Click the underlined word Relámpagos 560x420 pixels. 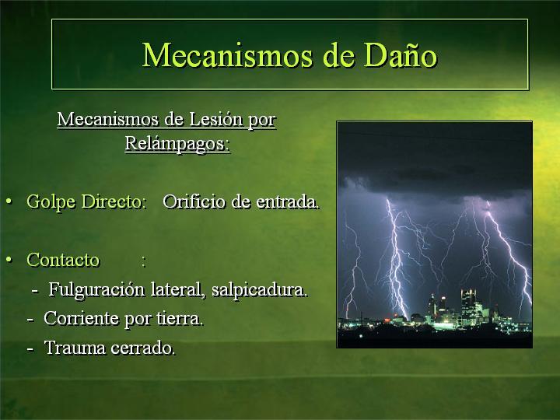(x=177, y=144)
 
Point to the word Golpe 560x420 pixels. (x=51, y=201)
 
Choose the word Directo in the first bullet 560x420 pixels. (x=114, y=201)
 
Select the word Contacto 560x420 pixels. (x=63, y=260)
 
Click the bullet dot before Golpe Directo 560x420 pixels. (x=9, y=201)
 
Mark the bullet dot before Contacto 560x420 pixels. (x=9, y=260)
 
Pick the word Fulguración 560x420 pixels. (x=96, y=289)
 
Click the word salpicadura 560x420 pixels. (x=259, y=289)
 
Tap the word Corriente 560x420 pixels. (x=81, y=318)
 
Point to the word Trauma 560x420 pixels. (x=75, y=348)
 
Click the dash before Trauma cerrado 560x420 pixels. (x=30, y=348)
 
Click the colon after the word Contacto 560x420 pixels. (x=144, y=262)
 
